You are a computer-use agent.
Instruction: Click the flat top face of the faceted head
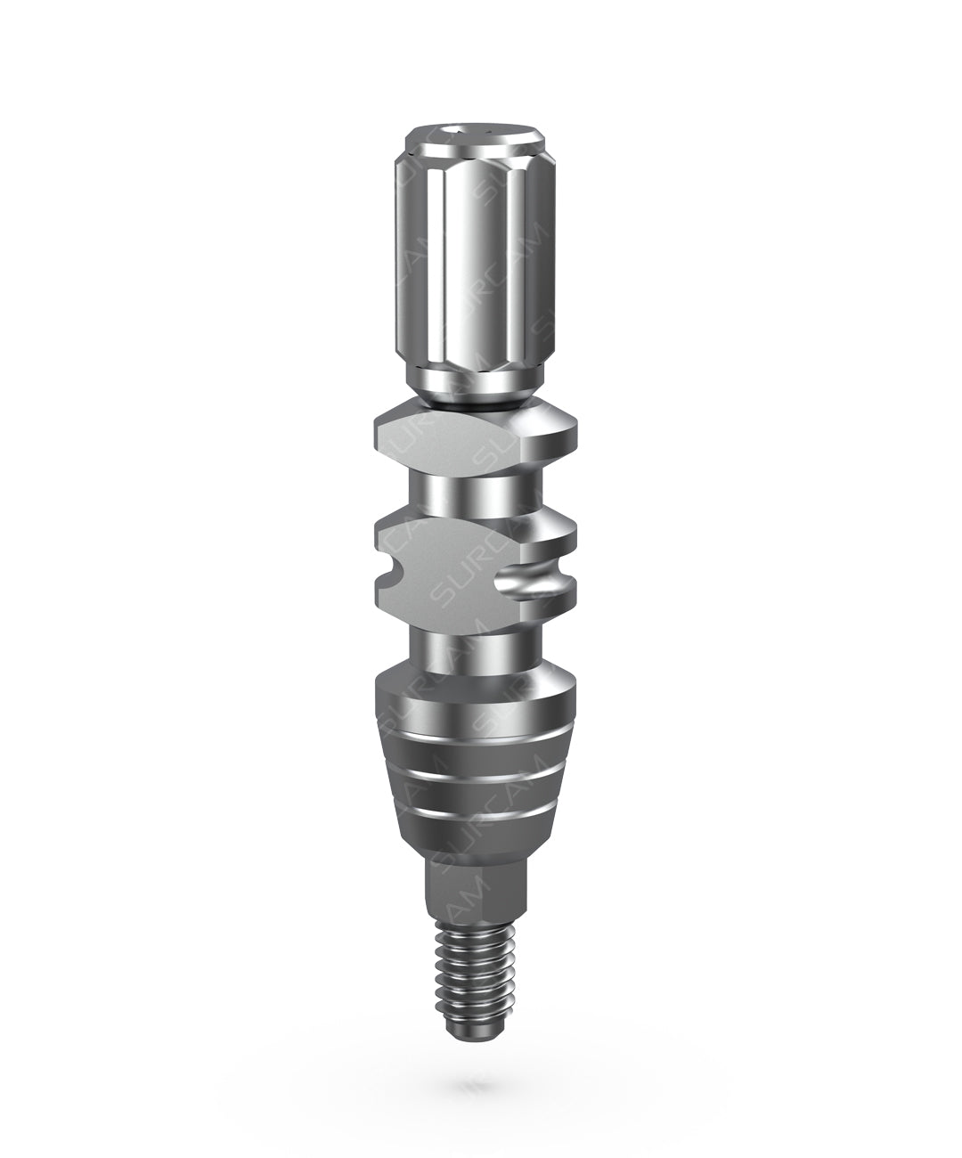click(x=475, y=135)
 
